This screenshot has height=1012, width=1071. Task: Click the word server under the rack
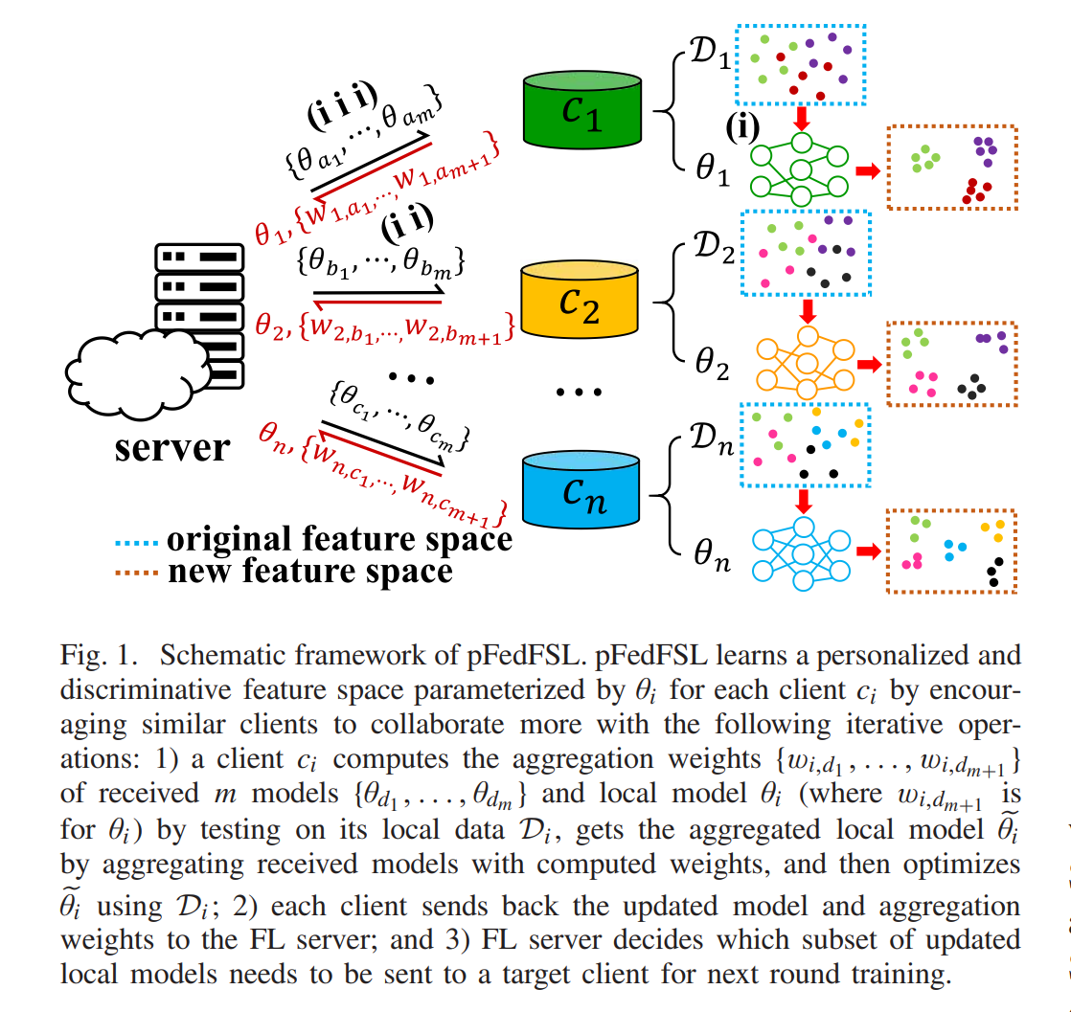pyautogui.click(x=172, y=448)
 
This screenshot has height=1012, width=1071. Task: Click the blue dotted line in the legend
pyautogui.click(x=135, y=540)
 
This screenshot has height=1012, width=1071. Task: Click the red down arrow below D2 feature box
pyautogui.click(x=806, y=310)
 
